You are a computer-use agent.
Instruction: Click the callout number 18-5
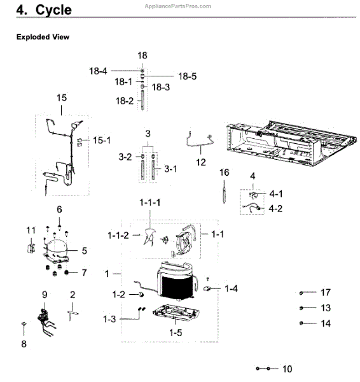point(187,76)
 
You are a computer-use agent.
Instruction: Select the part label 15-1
point(102,140)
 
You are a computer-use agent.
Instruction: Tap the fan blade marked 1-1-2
point(149,236)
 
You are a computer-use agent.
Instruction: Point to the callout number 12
point(201,162)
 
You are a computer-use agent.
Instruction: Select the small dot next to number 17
point(301,293)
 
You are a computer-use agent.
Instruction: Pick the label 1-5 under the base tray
point(176,332)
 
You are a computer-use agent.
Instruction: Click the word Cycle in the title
point(53,10)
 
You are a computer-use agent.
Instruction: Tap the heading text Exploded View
point(43,37)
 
